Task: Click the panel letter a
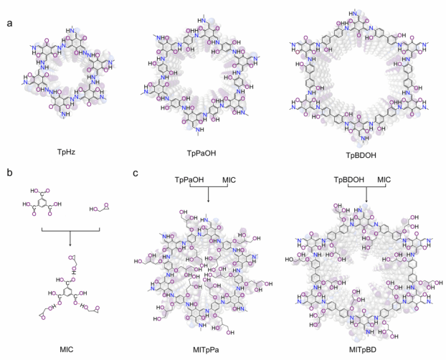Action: point(9,24)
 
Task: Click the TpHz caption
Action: point(64,152)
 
